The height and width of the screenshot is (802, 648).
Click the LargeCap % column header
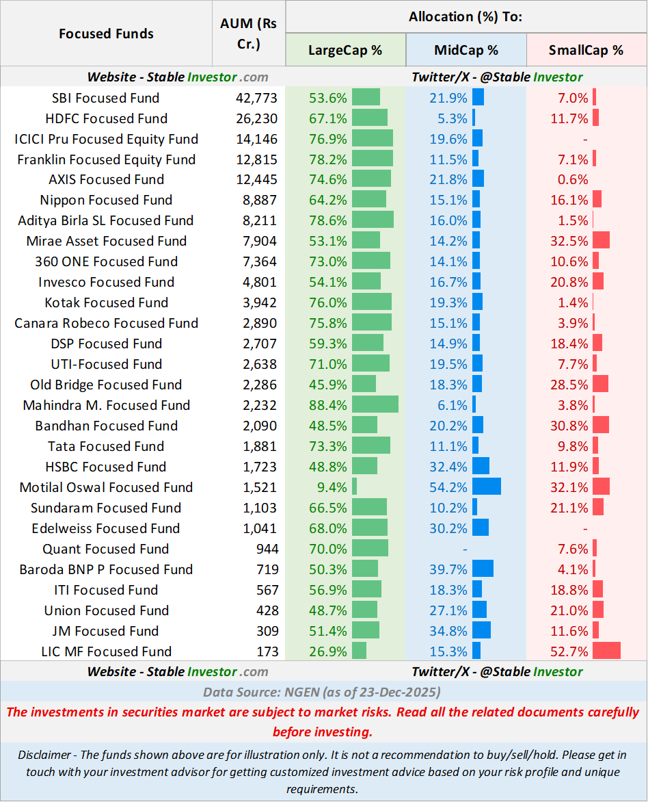pos(345,50)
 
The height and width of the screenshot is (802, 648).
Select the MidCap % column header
pos(466,50)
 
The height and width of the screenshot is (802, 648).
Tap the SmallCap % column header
pos(586,50)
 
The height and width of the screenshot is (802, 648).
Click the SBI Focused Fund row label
pos(106,98)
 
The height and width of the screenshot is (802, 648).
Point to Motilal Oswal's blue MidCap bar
pos(486,487)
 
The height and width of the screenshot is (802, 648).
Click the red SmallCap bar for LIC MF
pos(606,651)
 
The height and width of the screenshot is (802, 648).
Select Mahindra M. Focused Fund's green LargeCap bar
pos(375,404)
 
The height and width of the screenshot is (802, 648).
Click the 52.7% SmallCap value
pos(569,651)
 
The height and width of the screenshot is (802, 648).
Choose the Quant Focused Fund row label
pos(106,549)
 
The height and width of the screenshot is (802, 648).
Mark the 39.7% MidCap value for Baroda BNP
pos(450,569)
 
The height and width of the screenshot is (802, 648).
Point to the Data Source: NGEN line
pos(322,692)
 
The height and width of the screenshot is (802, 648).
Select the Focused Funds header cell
pos(106,34)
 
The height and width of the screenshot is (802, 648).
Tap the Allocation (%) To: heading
pos(465,16)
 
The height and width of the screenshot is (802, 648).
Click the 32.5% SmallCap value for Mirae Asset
pos(569,241)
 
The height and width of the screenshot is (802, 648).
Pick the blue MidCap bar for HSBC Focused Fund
pos(481,466)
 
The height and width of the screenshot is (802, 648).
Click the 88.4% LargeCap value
pos(328,405)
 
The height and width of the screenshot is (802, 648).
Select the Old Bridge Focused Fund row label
pos(106,385)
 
